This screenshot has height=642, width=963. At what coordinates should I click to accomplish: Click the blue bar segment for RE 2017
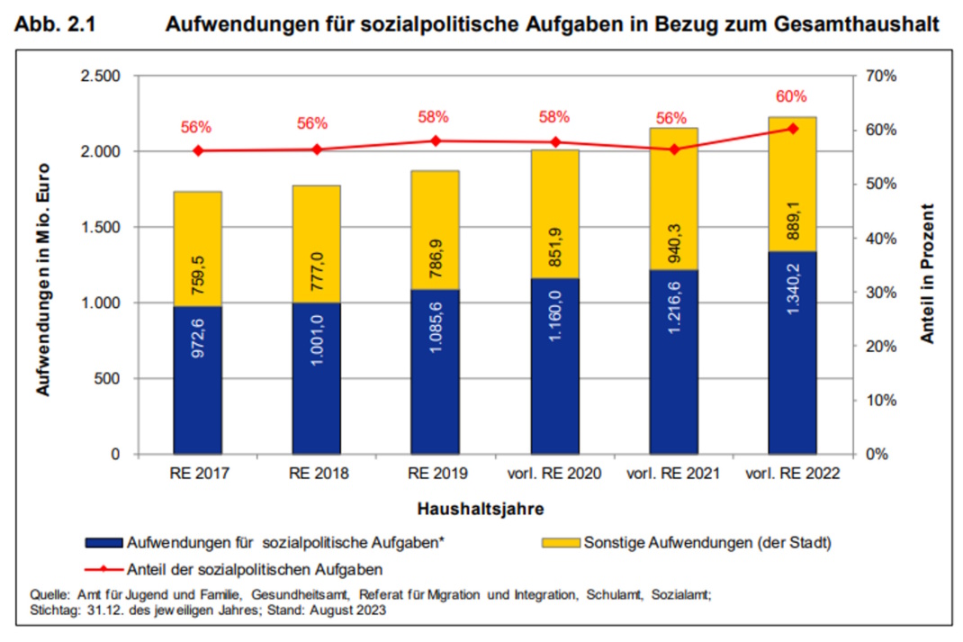(x=197, y=380)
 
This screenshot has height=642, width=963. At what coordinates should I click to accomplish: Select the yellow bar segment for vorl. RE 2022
(x=792, y=184)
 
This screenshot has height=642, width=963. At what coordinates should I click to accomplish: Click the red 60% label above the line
(x=792, y=96)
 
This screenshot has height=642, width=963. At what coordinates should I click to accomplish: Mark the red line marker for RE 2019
(x=436, y=140)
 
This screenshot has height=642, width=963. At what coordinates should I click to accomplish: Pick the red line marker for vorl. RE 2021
(x=673, y=149)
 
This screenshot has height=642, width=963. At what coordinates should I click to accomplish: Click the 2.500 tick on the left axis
(x=101, y=76)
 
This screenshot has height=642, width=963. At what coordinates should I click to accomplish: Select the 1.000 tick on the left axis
(x=101, y=303)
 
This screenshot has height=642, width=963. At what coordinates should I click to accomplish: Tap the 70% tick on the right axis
(x=879, y=76)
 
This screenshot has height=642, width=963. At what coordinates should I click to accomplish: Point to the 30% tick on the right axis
(x=879, y=293)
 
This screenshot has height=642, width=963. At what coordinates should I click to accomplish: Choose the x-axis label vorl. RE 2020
(x=554, y=473)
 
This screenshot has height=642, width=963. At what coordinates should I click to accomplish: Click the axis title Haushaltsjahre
(x=480, y=509)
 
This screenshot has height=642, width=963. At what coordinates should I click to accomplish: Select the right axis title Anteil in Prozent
(x=927, y=273)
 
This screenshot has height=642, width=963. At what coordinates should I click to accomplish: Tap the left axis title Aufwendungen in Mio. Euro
(x=42, y=279)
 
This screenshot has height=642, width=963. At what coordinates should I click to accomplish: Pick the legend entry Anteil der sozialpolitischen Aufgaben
(x=256, y=568)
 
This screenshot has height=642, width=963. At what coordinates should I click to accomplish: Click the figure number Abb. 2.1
(x=54, y=26)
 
